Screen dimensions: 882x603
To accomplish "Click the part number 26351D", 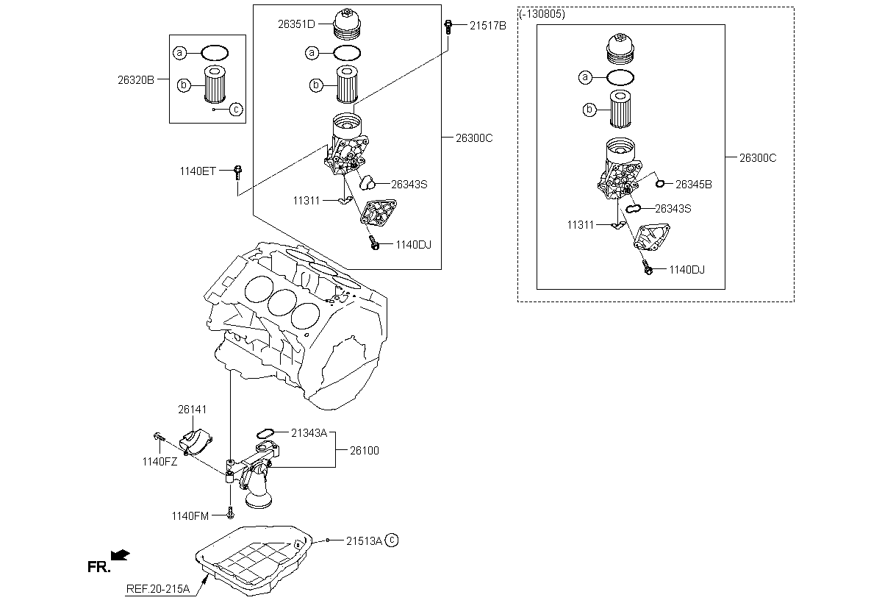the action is tap(296, 24).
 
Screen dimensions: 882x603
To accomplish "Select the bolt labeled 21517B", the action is tap(448, 26).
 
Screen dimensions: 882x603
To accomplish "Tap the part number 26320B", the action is tap(136, 80).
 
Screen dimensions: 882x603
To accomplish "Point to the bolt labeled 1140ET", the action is tap(238, 173).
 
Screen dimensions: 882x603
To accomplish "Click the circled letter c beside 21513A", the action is tap(392, 540).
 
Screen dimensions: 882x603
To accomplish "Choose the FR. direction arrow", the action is tap(120, 555).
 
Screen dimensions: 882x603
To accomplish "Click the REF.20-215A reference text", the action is tap(158, 589).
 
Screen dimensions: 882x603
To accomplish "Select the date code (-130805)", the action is tap(542, 14).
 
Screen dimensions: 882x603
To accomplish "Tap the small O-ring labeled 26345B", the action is tap(660, 184).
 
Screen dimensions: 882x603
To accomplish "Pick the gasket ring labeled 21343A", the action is tap(265, 434).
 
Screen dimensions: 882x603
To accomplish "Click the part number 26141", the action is tap(192, 410).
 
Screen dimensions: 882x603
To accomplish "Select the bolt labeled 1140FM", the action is tap(231, 513).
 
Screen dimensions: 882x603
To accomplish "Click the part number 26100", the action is tap(365, 451).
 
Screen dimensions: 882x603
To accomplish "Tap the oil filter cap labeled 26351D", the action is tap(347, 24).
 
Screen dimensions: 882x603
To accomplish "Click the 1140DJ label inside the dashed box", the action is tap(687, 270).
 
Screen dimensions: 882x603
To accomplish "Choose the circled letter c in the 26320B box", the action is tap(236, 109).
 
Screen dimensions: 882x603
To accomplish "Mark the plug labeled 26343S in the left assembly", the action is tap(367, 183).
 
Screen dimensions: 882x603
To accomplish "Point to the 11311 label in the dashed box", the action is tap(581, 225).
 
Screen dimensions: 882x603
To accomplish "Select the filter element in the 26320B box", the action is tap(215, 85).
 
